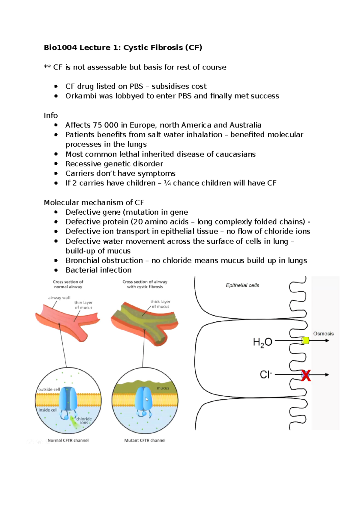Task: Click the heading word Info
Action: click(51, 115)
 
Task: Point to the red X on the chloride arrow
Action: click(306, 375)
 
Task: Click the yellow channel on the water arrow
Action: click(305, 341)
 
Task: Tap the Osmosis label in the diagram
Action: click(323, 334)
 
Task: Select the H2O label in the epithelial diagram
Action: click(262, 342)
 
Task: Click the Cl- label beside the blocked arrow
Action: click(266, 375)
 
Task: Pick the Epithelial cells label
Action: click(242, 285)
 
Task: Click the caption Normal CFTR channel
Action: click(68, 440)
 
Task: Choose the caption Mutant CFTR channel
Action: click(145, 440)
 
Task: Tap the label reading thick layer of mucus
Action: click(160, 304)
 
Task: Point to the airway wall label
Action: click(59, 298)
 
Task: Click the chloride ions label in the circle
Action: click(84, 421)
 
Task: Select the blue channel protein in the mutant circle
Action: click(143, 399)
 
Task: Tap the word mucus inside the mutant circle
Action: click(163, 388)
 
